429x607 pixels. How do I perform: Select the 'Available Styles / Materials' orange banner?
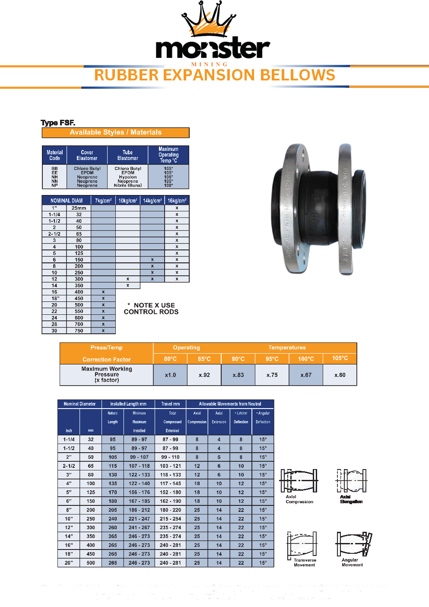[x=115, y=133]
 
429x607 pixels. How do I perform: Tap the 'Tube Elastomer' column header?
[x=127, y=155]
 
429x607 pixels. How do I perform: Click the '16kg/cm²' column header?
[x=177, y=201]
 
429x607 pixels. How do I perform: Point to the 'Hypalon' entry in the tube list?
[x=128, y=177]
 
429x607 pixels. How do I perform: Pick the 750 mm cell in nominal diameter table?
[x=79, y=331]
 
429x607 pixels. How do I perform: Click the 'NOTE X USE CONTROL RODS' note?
[x=151, y=308]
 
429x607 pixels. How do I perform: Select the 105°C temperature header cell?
[x=340, y=358]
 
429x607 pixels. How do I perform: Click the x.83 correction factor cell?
[x=238, y=375]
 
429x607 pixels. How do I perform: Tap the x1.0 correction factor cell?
[x=170, y=375]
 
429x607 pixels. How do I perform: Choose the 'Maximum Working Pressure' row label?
[x=107, y=374]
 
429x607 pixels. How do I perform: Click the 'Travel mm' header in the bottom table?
[x=170, y=404]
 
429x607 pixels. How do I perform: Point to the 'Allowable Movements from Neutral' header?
[x=230, y=404]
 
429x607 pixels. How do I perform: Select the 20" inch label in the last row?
[x=69, y=563]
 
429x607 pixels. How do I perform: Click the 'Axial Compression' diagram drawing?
[x=299, y=481]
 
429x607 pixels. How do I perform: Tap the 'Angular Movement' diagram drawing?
[x=353, y=544]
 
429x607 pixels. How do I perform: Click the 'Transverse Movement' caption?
[x=305, y=562]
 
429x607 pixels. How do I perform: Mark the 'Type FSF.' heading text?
[x=58, y=123]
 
